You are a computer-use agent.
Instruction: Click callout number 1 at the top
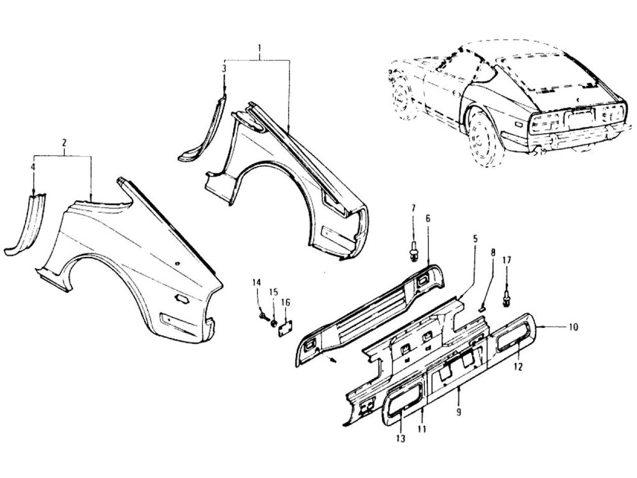259,49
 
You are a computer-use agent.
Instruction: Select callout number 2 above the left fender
63,143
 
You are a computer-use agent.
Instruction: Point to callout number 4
33,167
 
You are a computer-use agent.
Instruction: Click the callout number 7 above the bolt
412,207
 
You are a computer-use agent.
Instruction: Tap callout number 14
257,283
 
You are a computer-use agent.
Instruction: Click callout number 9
458,412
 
